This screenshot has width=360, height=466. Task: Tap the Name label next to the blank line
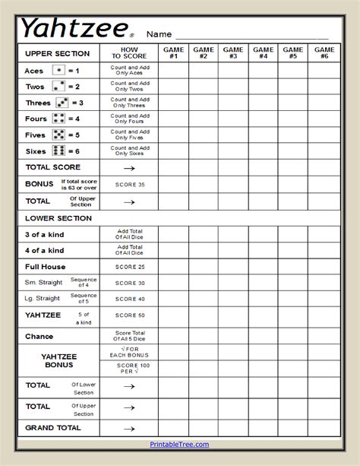click(x=159, y=34)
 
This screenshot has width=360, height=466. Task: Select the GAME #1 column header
click(x=173, y=52)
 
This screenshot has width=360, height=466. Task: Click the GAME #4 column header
click(x=264, y=52)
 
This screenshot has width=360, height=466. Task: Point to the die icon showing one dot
click(x=58, y=70)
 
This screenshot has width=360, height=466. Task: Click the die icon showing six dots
click(x=58, y=151)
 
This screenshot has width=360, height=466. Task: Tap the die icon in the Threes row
click(x=62, y=103)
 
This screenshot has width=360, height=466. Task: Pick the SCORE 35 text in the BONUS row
click(x=129, y=185)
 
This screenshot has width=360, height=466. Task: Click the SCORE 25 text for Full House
click(x=129, y=267)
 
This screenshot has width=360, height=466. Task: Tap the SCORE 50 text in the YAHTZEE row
click(x=129, y=315)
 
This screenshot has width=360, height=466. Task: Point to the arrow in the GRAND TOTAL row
click(x=129, y=428)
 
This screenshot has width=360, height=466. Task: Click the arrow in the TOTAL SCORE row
click(x=129, y=168)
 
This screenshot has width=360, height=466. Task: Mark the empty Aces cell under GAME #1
click(x=173, y=70)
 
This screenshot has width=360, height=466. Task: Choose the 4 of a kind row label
click(x=45, y=250)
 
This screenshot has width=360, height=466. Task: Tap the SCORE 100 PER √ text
click(x=129, y=369)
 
